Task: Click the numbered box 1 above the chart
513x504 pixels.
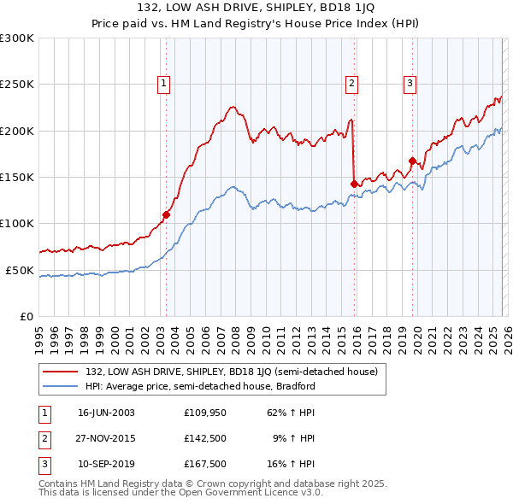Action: point(163,84)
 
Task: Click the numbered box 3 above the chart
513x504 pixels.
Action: point(410,84)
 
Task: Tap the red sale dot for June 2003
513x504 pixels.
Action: point(166,214)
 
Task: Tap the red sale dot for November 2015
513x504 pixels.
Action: point(354,183)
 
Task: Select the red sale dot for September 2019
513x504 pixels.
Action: point(412,161)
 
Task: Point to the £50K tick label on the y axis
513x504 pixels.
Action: point(20,270)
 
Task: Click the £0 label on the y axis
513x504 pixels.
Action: point(27,316)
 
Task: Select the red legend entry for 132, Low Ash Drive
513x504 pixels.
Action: point(236,371)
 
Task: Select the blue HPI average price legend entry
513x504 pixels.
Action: point(200,386)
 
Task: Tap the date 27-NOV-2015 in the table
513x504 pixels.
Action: point(106,438)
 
